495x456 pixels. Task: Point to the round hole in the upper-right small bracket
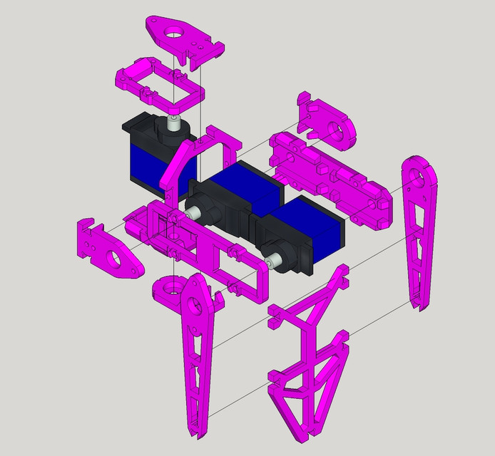click(x=335, y=130)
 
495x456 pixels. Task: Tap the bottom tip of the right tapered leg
click(x=422, y=306)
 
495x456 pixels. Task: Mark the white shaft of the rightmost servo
click(x=270, y=261)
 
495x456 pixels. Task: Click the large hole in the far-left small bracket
click(x=113, y=256)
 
